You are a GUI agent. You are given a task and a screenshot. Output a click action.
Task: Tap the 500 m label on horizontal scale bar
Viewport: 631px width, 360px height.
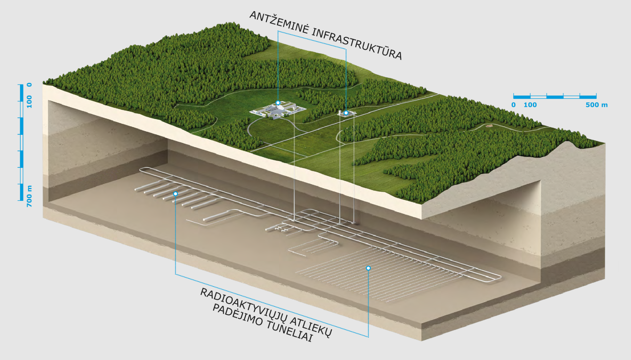point(596,105)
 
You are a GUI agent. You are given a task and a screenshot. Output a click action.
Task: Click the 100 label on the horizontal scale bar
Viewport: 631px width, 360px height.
point(530,105)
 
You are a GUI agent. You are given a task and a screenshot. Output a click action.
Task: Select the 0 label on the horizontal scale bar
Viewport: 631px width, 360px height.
point(513,105)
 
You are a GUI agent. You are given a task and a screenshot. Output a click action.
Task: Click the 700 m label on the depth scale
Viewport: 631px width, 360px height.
point(30,196)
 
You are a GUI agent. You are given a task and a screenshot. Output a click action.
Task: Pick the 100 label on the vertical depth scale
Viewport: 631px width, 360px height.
point(30,102)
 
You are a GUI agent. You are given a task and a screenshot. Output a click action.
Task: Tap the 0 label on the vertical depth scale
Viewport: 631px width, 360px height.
point(30,85)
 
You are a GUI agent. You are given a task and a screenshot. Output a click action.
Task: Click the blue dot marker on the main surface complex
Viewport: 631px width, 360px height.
point(278,103)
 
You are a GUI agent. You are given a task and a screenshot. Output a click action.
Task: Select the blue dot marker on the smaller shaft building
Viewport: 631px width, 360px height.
point(346,113)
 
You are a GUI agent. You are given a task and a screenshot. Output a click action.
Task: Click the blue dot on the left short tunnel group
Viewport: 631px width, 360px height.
point(175,194)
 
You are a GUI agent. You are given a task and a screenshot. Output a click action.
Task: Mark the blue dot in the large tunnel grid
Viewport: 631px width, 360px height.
point(368,268)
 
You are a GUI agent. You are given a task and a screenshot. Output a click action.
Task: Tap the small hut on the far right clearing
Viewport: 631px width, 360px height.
point(489,126)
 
